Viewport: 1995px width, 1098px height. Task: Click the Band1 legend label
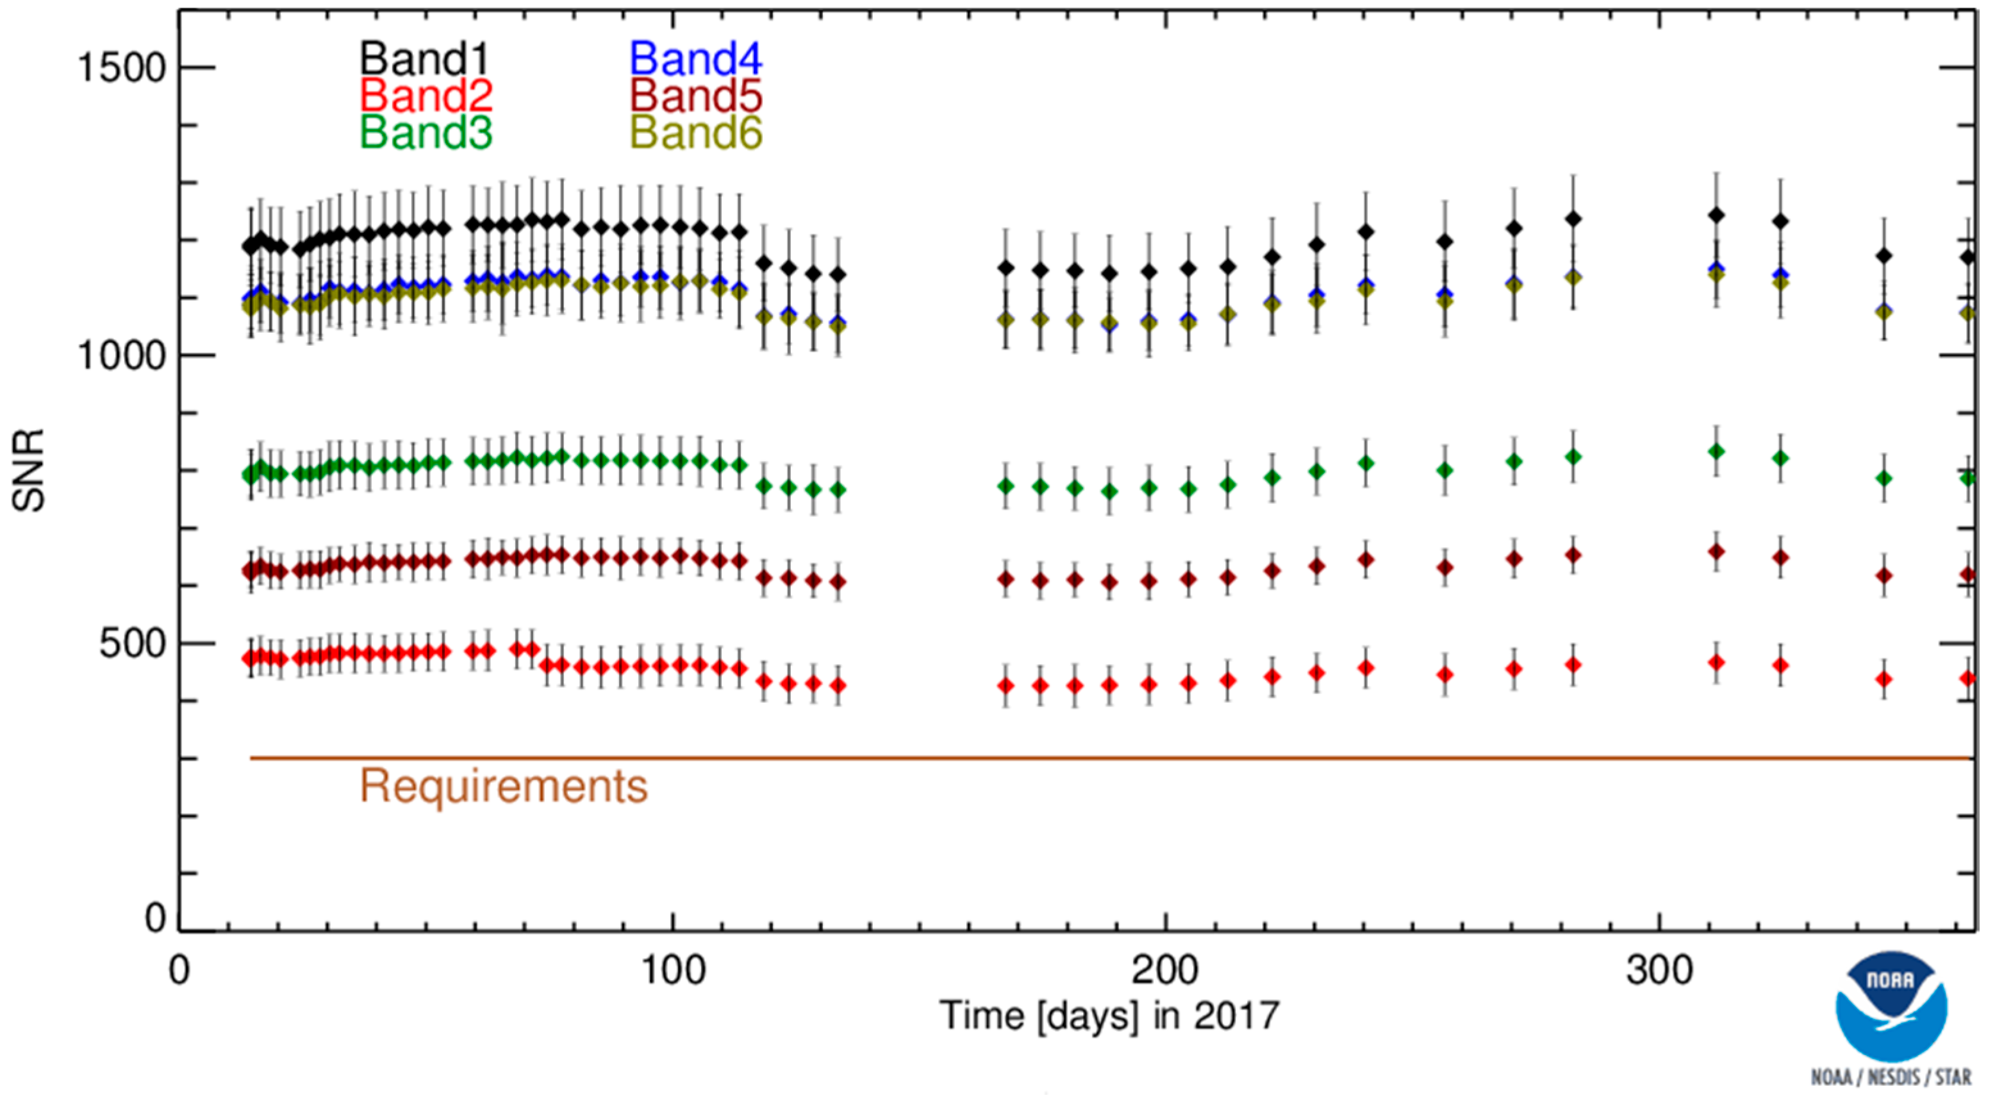click(x=424, y=59)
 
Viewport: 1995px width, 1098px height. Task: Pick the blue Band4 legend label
click(x=695, y=59)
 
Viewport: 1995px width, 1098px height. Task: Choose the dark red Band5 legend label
click(x=695, y=96)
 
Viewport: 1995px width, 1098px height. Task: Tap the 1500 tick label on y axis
click(x=122, y=68)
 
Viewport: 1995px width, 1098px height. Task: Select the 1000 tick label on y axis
click(x=122, y=357)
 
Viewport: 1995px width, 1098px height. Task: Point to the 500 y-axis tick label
click(x=133, y=644)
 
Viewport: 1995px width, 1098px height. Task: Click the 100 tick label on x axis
click(x=674, y=970)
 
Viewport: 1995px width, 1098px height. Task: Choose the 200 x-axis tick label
click(x=1165, y=970)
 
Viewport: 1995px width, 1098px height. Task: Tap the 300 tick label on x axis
click(x=1659, y=970)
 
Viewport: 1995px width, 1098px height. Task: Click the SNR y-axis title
click(x=29, y=470)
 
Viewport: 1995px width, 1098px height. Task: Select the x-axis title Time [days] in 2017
click(x=1109, y=1016)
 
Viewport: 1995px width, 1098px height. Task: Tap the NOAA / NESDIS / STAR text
click(x=1891, y=1077)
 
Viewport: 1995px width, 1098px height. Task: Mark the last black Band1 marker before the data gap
click(x=837, y=274)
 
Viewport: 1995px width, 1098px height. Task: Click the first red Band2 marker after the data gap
click(x=1006, y=686)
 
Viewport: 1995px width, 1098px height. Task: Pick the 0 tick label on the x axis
click(x=179, y=970)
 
